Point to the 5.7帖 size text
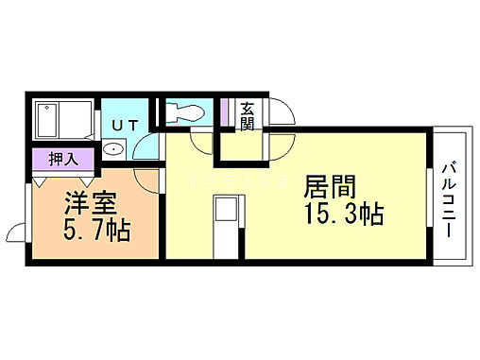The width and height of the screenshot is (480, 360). point(97,229)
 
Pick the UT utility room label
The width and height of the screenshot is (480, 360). point(126,125)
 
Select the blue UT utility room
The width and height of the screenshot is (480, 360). point(126,132)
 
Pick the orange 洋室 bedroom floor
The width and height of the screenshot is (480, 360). point(94,217)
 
